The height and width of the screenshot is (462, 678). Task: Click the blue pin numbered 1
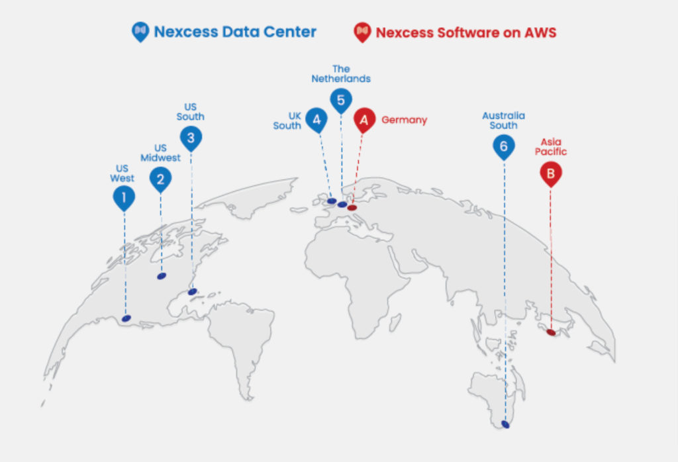[124, 197]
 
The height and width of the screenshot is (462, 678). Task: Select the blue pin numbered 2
[160, 179]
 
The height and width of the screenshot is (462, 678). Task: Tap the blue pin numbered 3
[191, 138]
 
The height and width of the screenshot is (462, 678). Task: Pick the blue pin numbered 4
[316, 120]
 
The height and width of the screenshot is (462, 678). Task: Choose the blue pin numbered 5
[341, 100]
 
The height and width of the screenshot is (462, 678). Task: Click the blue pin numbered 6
[504, 146]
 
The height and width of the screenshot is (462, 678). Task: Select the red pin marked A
[365, 120]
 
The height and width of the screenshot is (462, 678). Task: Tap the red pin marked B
[551, 173]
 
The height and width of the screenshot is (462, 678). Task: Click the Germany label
[405, 120]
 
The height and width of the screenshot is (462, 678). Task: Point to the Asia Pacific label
[551, 146]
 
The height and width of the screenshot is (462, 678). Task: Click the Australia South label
[504, 120]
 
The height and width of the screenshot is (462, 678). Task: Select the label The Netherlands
[341, 74]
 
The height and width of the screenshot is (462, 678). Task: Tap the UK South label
[287, 120]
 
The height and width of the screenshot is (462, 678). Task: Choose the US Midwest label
[160, 152]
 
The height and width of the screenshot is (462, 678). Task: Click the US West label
[122, 173]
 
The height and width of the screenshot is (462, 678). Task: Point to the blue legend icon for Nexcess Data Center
[140, 32]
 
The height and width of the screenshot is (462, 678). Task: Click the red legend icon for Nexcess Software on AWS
[362, 32]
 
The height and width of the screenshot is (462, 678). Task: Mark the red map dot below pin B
[551, 332]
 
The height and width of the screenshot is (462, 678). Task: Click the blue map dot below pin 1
[126, 318]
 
